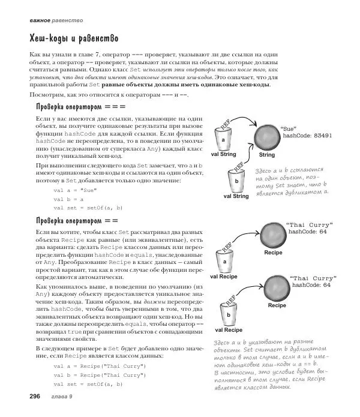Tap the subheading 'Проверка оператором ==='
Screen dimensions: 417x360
click(77, 107)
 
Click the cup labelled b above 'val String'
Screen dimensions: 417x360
click(236, 179)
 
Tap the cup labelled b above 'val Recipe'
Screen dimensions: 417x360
click(229, 313)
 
